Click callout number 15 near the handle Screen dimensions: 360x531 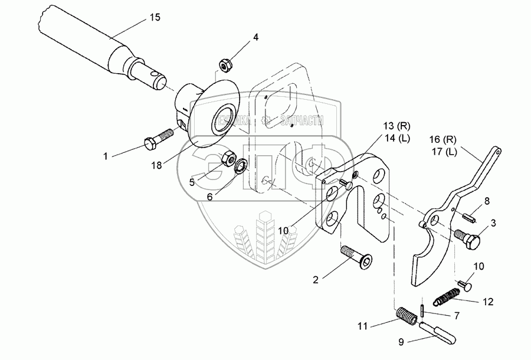(x=154, y=18)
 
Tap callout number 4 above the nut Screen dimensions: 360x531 (x=255, y=37)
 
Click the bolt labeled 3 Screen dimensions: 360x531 (x=468, y=237)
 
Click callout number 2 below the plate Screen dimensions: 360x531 (x=316, y=280)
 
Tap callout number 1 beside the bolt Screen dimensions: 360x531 (x=106, y=156)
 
